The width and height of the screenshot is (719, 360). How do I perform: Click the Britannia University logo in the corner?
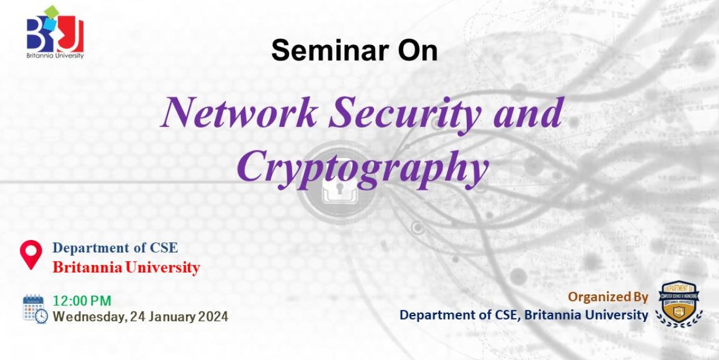click(55, 32)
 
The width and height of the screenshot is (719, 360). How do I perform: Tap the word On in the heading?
click(418, 50)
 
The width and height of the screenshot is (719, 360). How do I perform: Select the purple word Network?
click(240, 112)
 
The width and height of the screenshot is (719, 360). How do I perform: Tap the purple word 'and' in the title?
click(528, 112)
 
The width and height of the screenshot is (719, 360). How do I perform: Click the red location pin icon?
click(31, 255)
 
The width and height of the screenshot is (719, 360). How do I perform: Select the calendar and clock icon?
click(35, 309)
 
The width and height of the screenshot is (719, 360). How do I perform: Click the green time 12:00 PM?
click(82, 301)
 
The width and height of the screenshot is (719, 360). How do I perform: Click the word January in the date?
click(172, 317)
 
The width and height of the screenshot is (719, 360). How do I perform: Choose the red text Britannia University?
click(126, 268)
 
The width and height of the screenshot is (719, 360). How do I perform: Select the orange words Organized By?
click(608, 297)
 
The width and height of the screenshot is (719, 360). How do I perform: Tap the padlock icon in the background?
click(339, 190)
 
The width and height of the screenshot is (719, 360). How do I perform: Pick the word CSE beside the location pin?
click(164, 248)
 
